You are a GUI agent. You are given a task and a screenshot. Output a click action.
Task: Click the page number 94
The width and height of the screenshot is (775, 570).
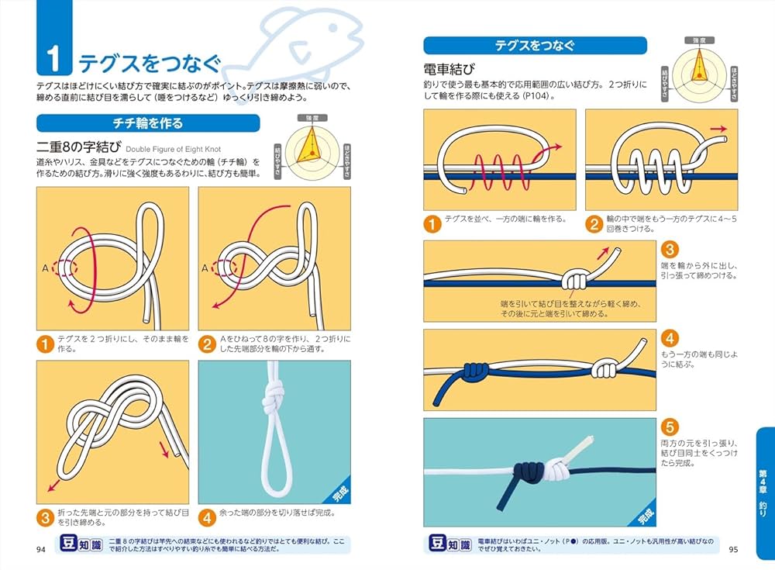click(x=42, y=550)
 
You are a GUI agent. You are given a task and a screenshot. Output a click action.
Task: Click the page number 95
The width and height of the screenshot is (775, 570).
click(x=733, y=550)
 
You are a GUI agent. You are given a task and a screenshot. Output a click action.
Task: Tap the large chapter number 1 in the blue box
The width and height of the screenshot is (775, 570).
click(x=53, y=60)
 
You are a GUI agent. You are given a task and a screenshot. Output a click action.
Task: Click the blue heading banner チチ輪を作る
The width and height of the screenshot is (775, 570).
click(x=148, y=123)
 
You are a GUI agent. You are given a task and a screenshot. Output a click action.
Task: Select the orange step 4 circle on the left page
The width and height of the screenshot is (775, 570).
click(x=207, y=516)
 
